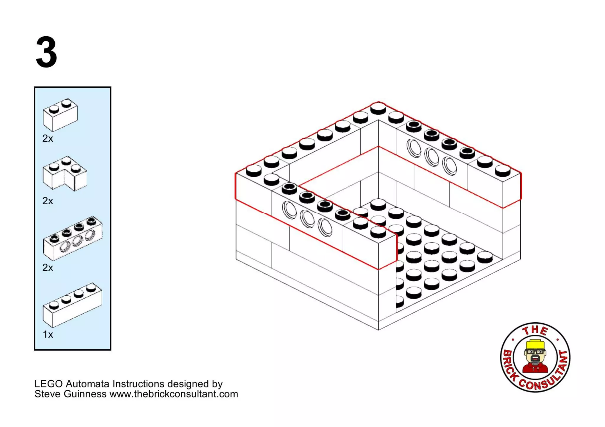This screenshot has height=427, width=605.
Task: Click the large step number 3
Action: (46, 52)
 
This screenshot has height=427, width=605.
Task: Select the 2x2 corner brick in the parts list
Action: (65, 174)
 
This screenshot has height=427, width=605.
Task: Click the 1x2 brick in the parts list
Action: (60, 115)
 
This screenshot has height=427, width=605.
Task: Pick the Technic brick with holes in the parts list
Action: (73, 239)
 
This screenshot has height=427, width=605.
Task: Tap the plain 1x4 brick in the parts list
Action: (72, 305)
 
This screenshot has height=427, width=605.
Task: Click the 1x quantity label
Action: (48, 334)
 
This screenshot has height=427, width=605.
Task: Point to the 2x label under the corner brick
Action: (48, 201)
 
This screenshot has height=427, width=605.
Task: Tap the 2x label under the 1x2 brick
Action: (48, 138)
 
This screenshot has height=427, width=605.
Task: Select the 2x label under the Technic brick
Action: (48, 268)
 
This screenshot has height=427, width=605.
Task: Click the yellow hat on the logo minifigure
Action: (535, 345)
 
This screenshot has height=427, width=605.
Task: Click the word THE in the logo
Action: (535, 330)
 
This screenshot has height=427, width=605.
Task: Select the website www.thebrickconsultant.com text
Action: (174, 394)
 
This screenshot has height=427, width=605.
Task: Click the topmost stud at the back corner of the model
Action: (378, 108)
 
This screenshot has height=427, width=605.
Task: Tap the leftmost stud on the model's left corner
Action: (254, 170)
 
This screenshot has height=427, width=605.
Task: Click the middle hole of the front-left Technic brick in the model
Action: (307, 219)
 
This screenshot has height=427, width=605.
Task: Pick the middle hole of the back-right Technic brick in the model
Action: (432, 157)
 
